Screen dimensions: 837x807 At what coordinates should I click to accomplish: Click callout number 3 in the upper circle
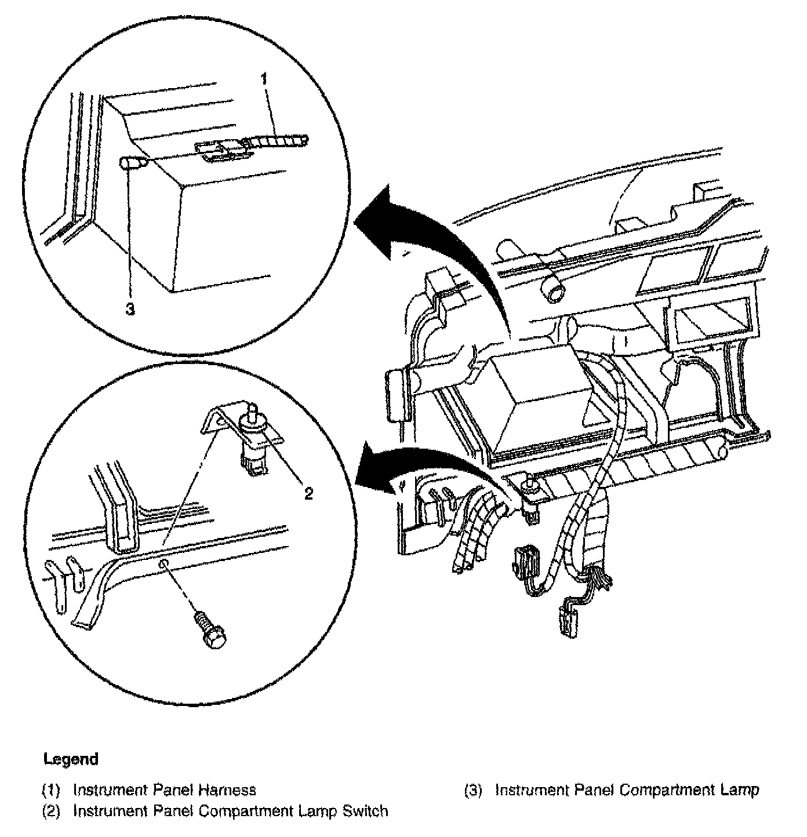coord(130,310)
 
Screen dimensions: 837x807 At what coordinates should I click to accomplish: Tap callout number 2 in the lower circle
coord(308,493)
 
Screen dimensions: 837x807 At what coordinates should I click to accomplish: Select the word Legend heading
coord(71,759)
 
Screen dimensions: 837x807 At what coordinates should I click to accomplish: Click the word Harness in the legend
coord(227,789)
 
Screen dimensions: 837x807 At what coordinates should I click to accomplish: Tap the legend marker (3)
coord(473,790)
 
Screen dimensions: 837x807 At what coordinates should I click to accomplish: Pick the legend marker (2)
coord(51,810)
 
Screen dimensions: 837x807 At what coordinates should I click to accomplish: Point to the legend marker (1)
coord(51,789)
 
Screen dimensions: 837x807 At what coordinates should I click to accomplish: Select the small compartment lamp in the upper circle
coord(132,164)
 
